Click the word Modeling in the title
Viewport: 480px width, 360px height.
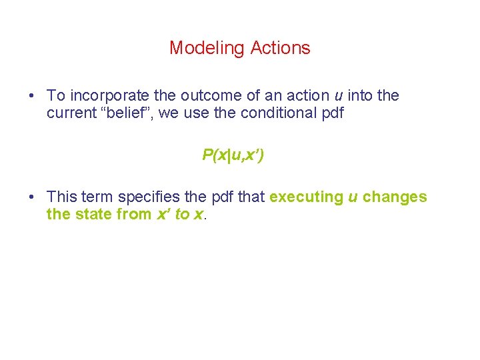tap(207, 48)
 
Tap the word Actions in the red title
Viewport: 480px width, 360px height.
tap(281, 48)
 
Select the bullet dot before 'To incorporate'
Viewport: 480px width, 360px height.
tap(32, 96)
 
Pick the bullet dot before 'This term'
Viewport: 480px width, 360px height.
tap(32, 197)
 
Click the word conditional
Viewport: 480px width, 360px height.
tap(279, 113)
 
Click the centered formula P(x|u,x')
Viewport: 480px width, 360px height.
tap(233, 155)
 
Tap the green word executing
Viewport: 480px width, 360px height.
tap(305, 197)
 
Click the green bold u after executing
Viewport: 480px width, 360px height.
tap(353, 197)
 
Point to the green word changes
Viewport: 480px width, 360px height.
tap(395, 197)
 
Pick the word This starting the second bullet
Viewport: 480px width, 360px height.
tap(62, 197)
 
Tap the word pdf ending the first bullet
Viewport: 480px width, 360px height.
tap(331, 113)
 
